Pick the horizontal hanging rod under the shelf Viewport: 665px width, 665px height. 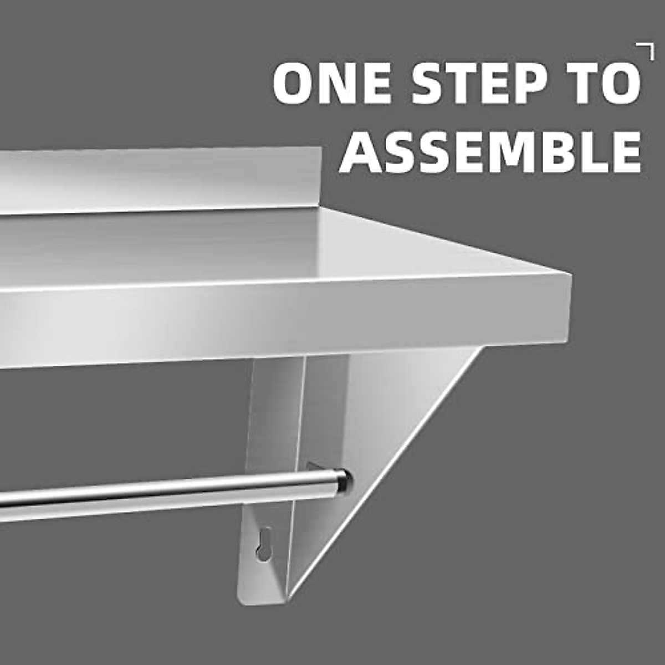(166, 490)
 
